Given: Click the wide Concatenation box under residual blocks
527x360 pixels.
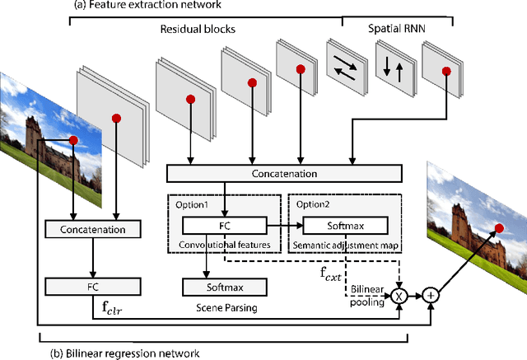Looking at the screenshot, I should point(284,174).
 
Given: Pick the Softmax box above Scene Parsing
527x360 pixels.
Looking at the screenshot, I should point(224,287).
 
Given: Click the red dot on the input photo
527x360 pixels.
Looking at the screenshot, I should point(73,140).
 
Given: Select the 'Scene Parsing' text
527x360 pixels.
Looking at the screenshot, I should point(224,310).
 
